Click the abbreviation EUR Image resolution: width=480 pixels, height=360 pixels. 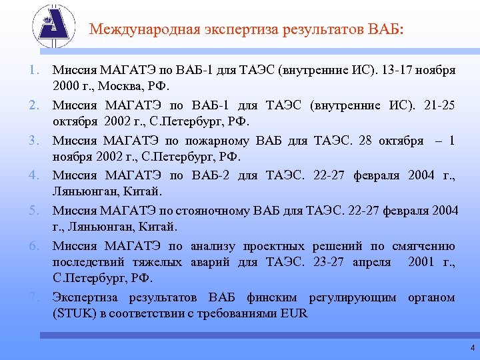tap(294, 315)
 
